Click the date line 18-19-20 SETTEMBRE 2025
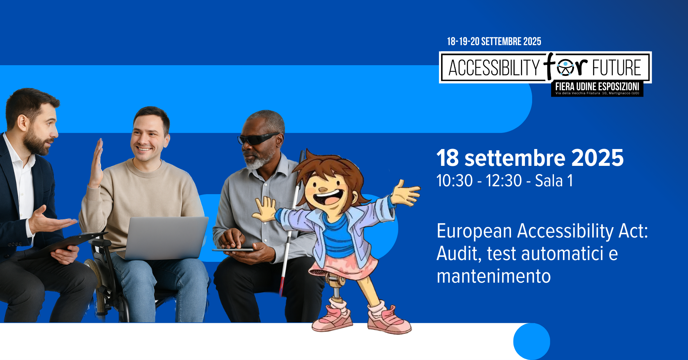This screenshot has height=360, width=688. (494, 42)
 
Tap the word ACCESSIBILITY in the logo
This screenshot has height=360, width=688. (494, 68)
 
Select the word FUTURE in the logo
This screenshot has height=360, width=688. (616, 68)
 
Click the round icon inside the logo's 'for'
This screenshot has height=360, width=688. (565, 68)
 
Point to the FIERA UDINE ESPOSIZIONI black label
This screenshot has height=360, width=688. (597, 88)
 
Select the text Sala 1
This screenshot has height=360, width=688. (554, 181)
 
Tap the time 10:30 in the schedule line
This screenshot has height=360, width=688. (455, 181)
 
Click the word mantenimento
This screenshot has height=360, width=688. (494, 276)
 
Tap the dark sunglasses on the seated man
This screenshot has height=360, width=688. (258, 139)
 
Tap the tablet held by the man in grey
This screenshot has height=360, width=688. (233, 250)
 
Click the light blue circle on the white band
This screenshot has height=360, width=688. (532, 341)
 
